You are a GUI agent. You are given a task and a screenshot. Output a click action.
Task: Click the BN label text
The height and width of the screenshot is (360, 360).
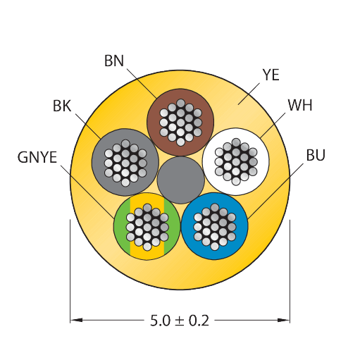(114, 61)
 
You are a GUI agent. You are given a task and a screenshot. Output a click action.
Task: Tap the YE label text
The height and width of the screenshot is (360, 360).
(271, 75)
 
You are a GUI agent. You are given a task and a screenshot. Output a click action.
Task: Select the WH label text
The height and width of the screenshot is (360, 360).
(300, 105)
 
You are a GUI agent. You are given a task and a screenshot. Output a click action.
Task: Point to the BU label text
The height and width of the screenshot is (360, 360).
(316, 155)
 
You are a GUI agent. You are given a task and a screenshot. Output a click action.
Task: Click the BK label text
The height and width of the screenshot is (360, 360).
(62, 106)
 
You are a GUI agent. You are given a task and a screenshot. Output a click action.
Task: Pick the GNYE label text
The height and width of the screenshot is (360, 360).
(37, 157)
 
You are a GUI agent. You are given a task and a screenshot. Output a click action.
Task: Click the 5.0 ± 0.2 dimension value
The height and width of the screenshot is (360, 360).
(180, 321)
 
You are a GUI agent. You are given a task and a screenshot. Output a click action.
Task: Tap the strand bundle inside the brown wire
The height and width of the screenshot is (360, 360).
(180, 123)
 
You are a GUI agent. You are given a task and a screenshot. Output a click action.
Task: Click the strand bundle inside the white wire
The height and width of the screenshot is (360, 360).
(236, 162)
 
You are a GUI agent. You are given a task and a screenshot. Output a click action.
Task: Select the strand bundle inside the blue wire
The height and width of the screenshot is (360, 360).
(215, 227)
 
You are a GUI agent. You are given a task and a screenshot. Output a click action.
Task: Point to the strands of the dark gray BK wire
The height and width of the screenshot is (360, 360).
(125, 163)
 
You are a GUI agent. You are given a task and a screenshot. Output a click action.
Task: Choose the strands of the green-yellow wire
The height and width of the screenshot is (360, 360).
(147, 227)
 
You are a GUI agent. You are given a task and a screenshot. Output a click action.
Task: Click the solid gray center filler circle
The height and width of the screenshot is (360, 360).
(180, 180)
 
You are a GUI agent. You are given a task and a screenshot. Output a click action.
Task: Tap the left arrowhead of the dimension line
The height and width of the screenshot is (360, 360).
(76, 320)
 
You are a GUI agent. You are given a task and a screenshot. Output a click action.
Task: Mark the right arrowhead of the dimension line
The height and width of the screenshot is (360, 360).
(283, 320)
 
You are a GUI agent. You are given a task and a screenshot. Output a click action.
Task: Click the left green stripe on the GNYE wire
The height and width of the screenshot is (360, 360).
(123, 226)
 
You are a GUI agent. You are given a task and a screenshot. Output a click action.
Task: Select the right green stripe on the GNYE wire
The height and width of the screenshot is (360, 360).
(172, 226)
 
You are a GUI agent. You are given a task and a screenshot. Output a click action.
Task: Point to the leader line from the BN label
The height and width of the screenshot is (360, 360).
(142, 83)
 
